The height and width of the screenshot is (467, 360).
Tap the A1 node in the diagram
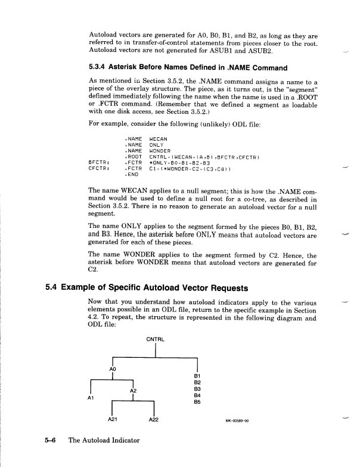coord(89,397)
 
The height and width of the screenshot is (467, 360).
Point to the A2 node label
coord(133,390)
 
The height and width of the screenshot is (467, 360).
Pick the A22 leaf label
coord(154,420)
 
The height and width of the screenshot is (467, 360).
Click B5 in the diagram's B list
coord(197,401)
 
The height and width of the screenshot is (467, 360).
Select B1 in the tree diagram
coord(197,376)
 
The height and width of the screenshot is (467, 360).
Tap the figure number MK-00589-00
coord(237,420)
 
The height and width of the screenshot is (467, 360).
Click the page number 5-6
coord(52,441)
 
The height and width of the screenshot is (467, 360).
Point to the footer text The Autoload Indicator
coord(104,441)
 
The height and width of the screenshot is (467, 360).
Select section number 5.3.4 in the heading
coord(98,67)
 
